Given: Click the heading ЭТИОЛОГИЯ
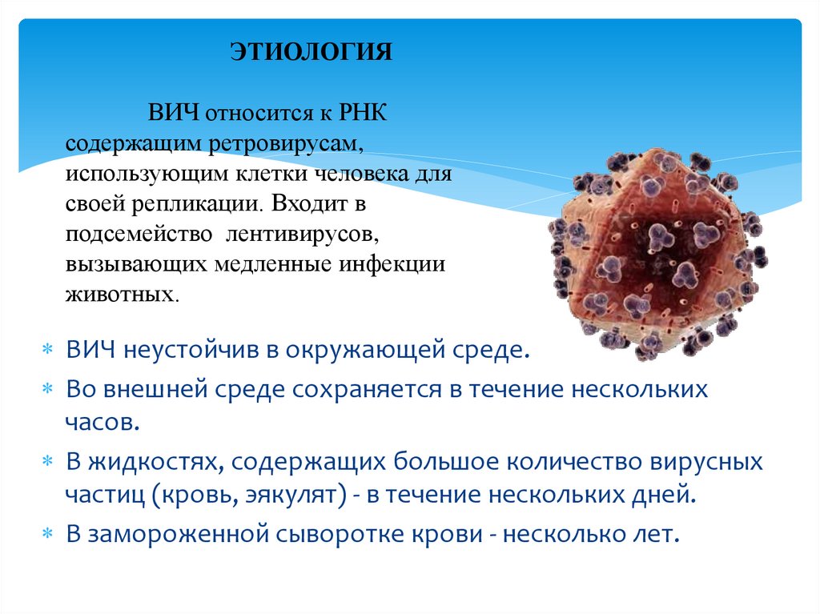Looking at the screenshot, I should pyautogui.click(x=312, y=53).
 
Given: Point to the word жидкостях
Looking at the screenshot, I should pyautogui.click(x=153, y=462).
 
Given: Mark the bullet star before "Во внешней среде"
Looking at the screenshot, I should pyautogui.click(x=47, y=390).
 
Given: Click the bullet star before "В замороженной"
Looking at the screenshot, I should pyautogui.click(x=47, y=534).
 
